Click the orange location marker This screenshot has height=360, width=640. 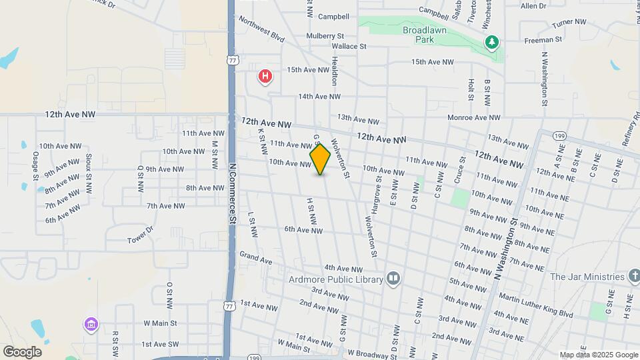[320, 159]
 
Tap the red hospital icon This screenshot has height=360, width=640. [265, 77]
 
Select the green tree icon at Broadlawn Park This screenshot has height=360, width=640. [492, 43]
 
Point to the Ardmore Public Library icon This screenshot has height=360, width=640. [393, 279]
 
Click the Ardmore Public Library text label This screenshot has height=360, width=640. [335, 279]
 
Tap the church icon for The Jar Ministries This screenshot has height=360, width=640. [634, 276]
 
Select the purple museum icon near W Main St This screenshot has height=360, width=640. [91, 325]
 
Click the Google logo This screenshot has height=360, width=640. [22, 351]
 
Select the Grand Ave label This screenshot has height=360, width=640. [256, 257]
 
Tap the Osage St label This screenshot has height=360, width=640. [35, 165]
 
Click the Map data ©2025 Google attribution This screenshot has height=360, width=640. [599, 355]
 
